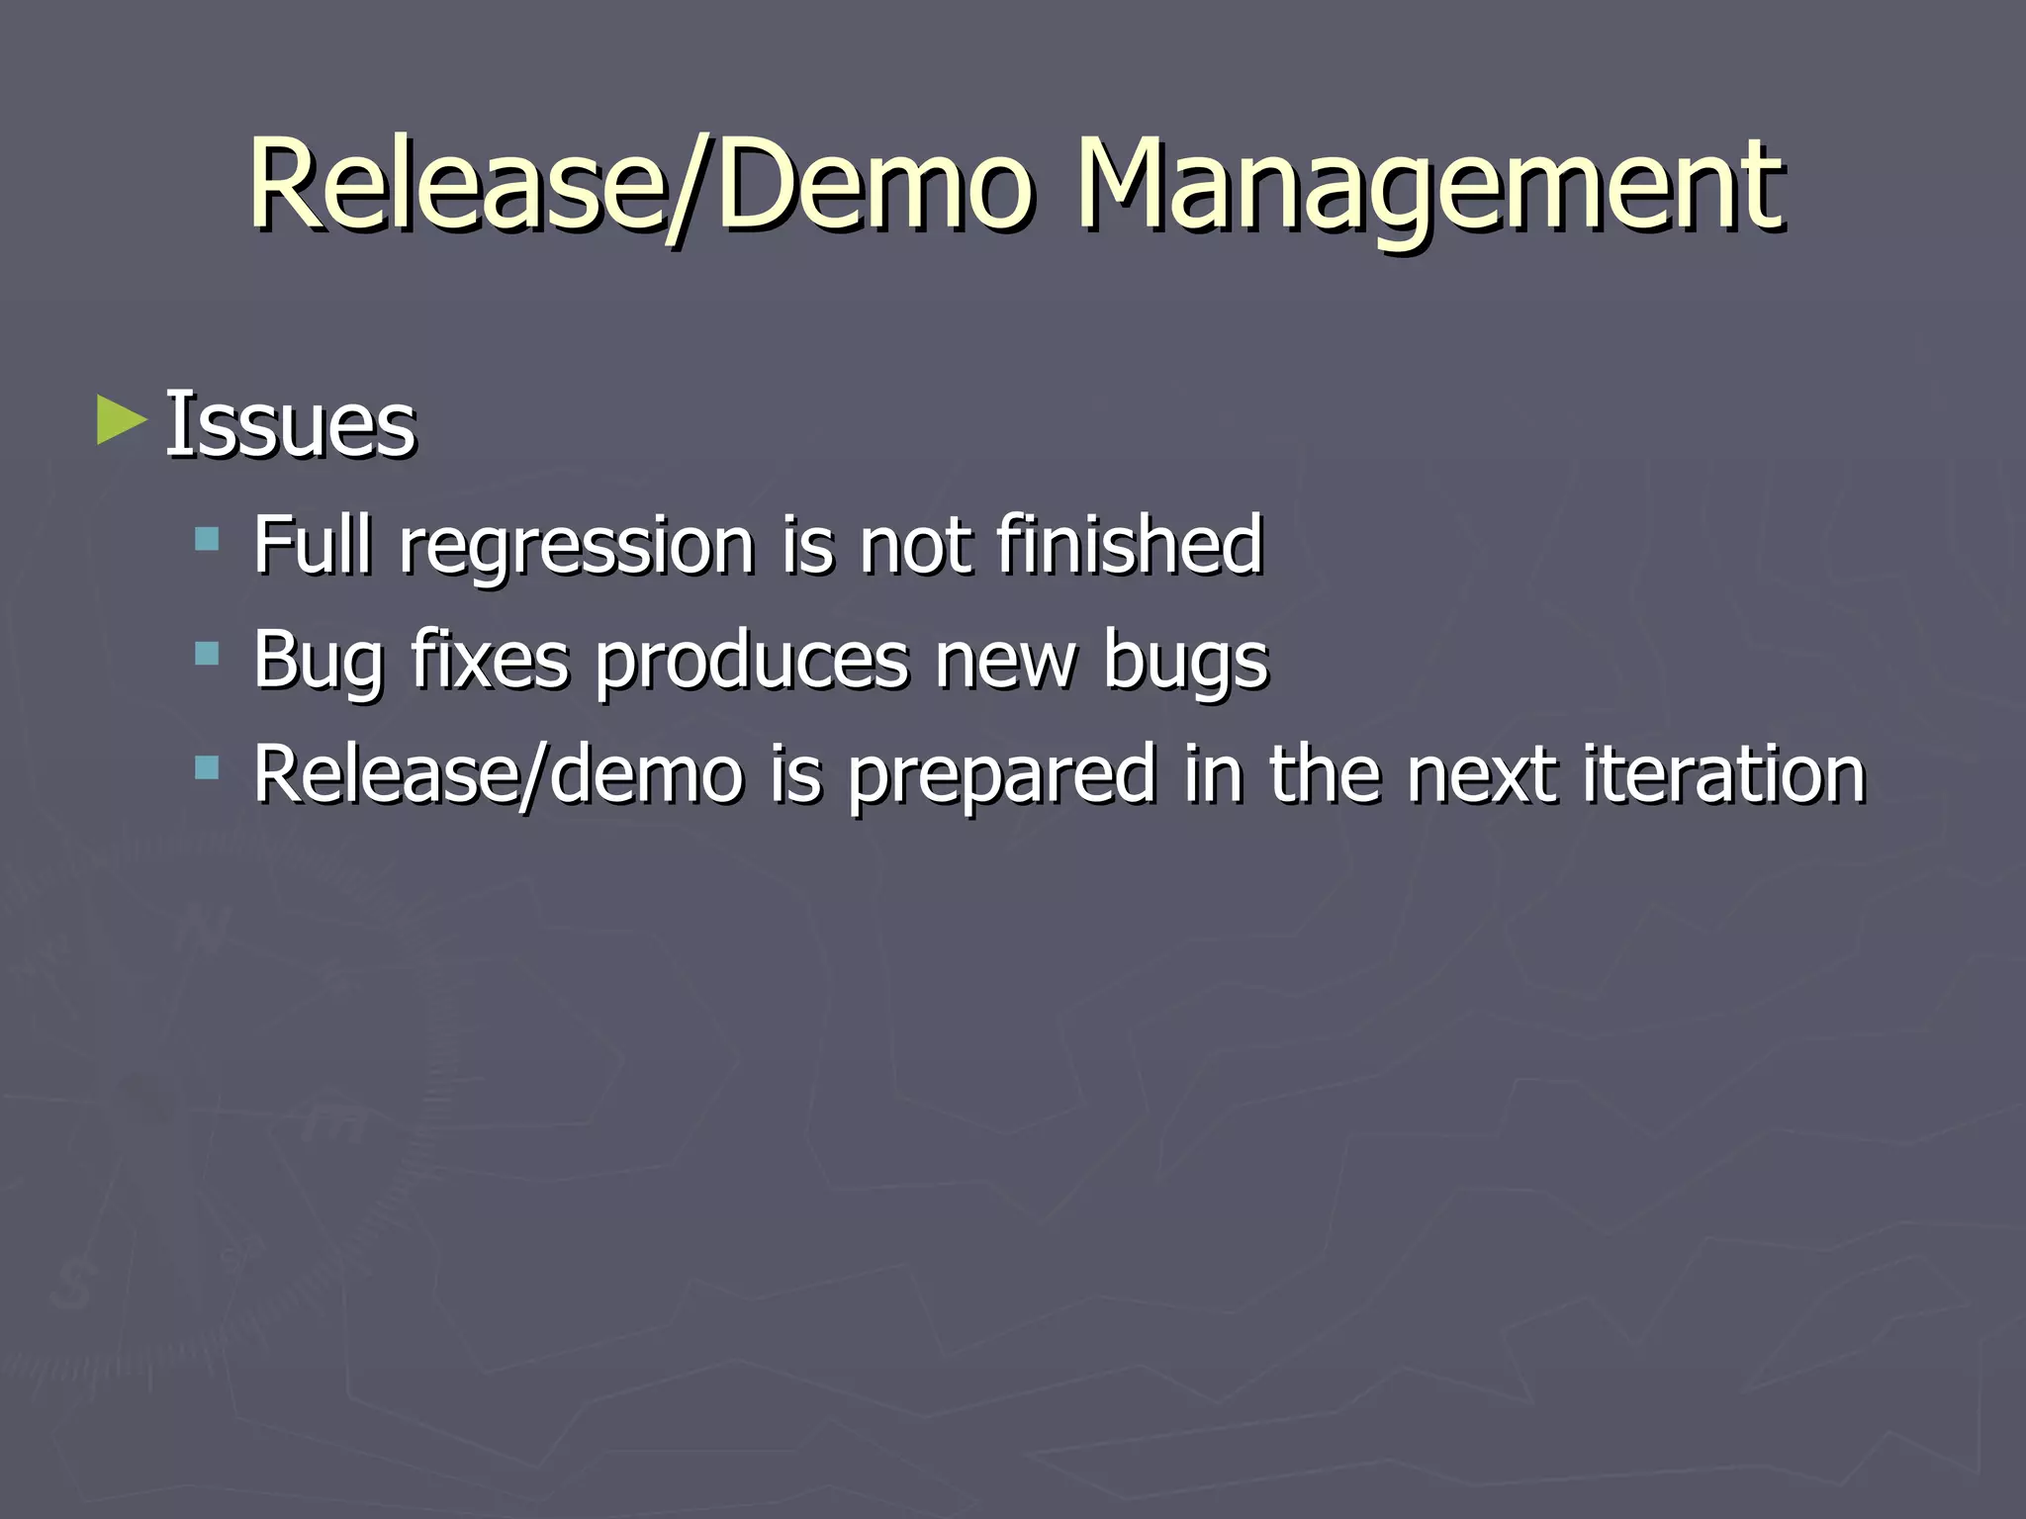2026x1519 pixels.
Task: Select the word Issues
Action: click(x=290, y=424)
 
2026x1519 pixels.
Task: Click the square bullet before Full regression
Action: click(x=207, y=539)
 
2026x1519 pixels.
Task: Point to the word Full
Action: click(x=313, y=544)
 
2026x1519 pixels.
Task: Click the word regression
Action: click(x=577, y=546)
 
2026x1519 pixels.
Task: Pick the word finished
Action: click(x=1129, y=544)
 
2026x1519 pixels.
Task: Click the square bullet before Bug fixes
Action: click(x=207, y=654)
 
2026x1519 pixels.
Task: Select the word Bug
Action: click(x=318, y=661)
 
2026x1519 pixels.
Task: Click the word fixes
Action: click(x=490, y=659)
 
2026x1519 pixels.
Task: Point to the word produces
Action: click(x=751, y=661)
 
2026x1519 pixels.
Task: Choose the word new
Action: click(x=1005, y=661)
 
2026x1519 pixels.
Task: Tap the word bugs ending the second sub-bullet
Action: click(x=1185, y=661)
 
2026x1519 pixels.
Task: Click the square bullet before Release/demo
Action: click(x=207, y=767)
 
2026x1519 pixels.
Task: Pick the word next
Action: click(x=1480, y=773)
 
